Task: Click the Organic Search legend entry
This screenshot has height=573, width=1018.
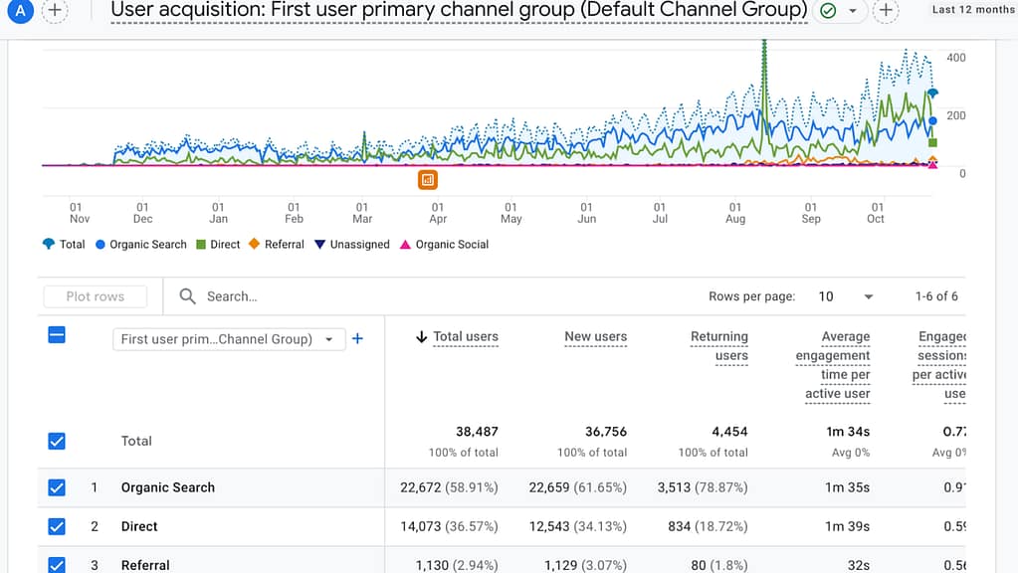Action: click(140, 245)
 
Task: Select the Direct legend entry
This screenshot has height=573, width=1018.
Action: click(218, 245)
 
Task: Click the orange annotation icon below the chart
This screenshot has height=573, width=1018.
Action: click(428, 180)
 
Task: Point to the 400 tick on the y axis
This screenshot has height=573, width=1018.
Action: click(955, 58)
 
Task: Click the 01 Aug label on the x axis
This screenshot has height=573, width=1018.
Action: click(735, 212)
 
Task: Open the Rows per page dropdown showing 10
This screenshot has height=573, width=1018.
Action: click(846, 296)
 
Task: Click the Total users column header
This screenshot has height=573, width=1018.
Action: click(465, 337)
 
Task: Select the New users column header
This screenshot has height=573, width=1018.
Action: click(595, 337)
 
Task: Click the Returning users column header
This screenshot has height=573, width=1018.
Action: click(718, 345)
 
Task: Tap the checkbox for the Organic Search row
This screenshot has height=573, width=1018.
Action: click(57, 487)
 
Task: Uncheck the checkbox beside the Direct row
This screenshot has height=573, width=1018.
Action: click(57, 526)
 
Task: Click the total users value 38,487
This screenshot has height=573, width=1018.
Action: click(477, 432)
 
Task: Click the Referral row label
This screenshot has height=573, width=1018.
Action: click(145, 565)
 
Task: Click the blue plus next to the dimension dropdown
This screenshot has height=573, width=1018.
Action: click(358, 339)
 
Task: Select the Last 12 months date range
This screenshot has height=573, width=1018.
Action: click(972, 10)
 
